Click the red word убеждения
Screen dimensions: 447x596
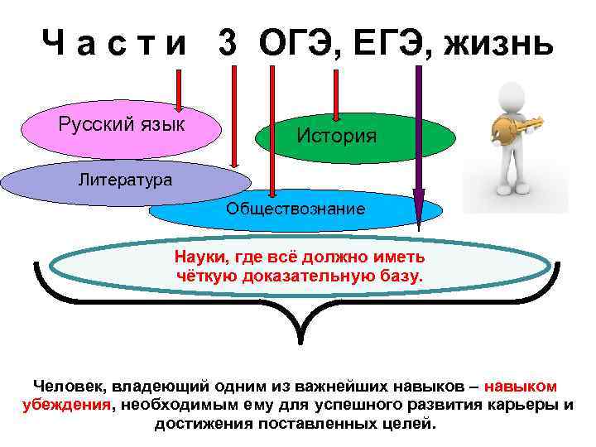66,405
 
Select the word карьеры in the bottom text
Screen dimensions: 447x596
524,405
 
